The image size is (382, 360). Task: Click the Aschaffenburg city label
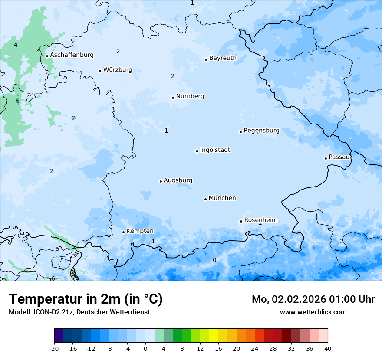[72, 55]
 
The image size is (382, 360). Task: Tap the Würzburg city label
[118, 70]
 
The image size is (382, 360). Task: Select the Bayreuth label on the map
[223, 58]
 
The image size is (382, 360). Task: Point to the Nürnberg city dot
[173, 98]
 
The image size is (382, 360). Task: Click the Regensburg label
[261, 131]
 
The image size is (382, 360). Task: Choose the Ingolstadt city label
[215, 150]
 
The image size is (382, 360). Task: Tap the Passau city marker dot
[326, 158]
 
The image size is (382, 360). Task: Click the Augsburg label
[178, 180]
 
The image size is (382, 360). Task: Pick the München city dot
[205, 199]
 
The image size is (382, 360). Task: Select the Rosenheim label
[260, 220]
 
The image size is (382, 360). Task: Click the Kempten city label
[140, 231]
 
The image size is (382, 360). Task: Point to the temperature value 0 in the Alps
[214, 260]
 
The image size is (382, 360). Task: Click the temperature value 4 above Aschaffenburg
[16, 45]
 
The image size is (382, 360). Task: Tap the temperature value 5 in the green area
[17, 101]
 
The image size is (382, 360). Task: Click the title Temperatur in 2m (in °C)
[86, 299]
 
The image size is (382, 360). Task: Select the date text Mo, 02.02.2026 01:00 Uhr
[313, 299]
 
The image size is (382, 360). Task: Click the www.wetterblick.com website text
[313, 312]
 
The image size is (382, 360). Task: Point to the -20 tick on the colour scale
[54, 348]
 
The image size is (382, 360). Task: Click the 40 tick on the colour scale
[328, 348]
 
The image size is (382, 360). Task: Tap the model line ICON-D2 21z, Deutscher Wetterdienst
[79, 312]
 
